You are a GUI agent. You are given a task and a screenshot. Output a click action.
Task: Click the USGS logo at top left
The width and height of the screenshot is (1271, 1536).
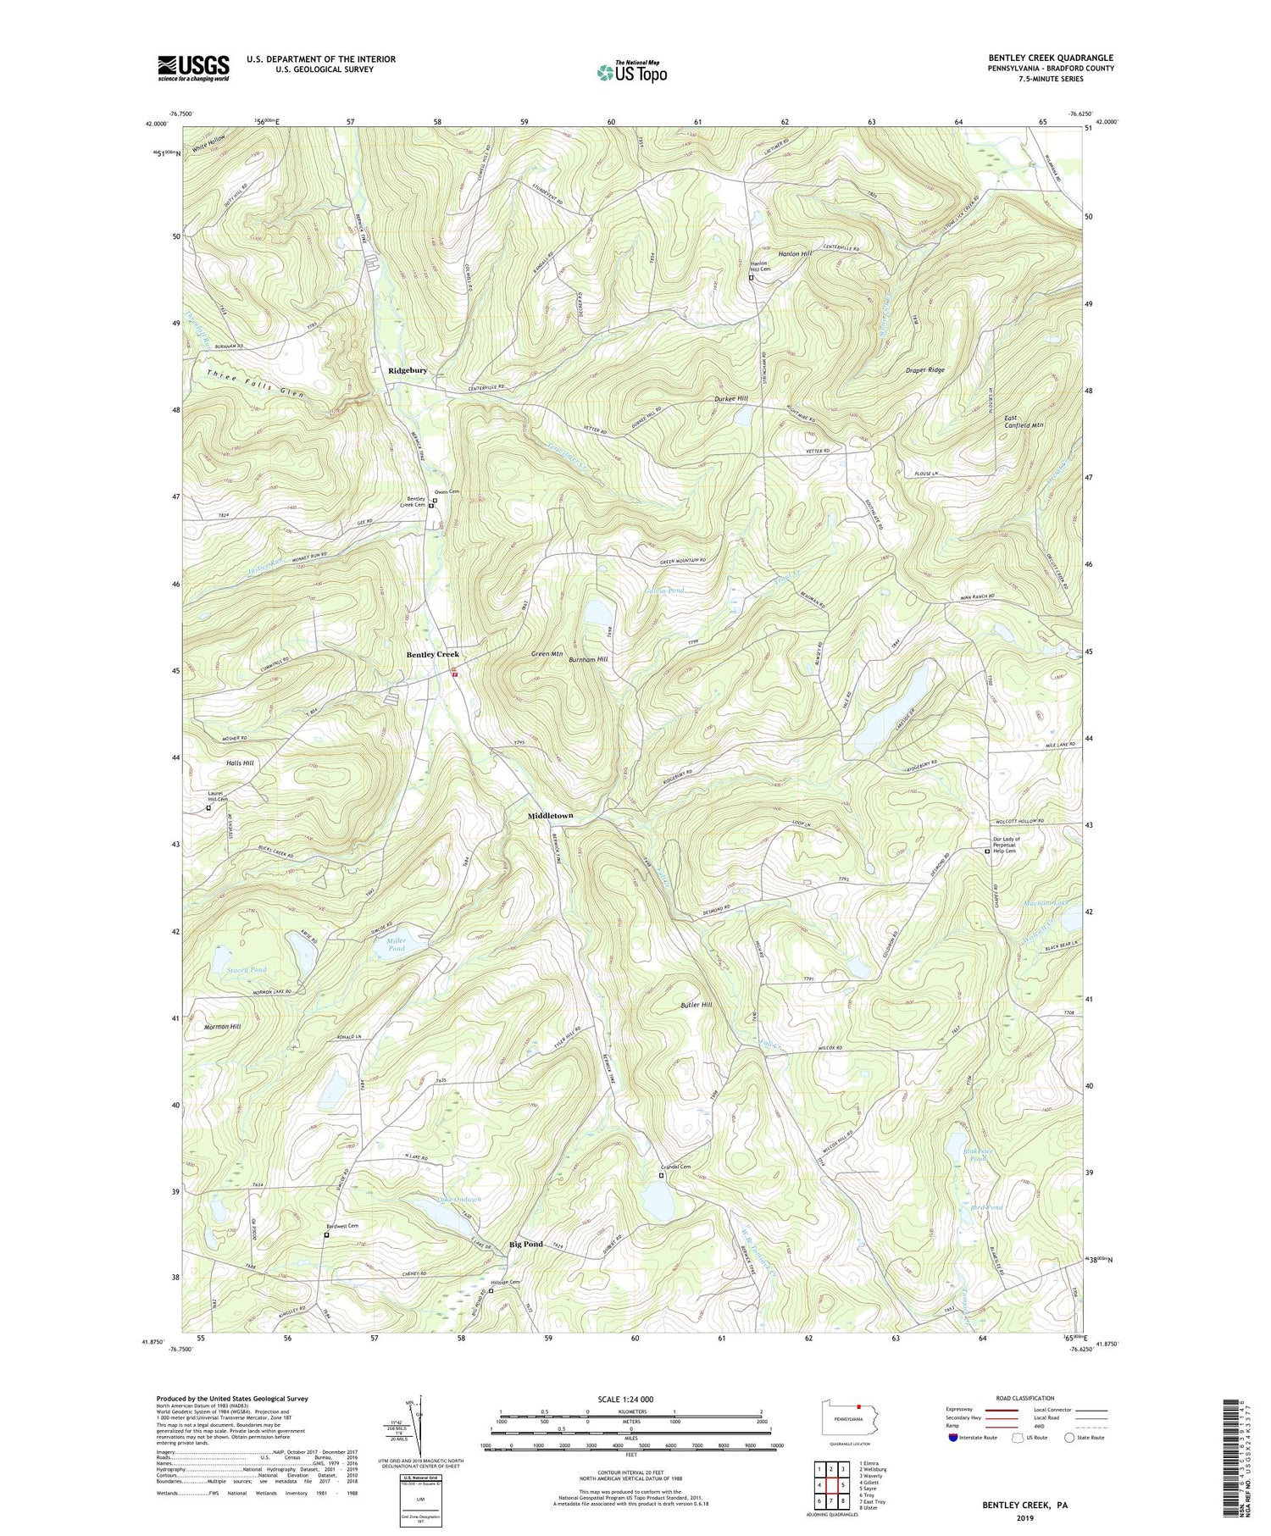[x=193, y=68]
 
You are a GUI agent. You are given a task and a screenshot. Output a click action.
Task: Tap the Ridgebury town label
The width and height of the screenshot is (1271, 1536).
[x=408, y=371]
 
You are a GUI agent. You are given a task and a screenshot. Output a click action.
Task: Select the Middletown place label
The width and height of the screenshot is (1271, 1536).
[x=550, y=816]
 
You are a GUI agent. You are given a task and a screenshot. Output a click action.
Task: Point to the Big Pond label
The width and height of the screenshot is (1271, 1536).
[x=525, y=1244]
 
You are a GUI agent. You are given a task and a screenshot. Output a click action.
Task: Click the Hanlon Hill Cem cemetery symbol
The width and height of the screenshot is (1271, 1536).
[x=751, y=277]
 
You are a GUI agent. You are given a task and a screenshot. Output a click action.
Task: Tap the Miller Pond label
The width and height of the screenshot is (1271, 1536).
[x=396, y=945]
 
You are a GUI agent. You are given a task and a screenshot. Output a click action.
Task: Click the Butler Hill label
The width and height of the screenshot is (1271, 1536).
[x=696, y=1005]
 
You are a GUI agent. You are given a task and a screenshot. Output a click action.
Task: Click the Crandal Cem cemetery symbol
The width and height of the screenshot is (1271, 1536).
[x=662, y=1175]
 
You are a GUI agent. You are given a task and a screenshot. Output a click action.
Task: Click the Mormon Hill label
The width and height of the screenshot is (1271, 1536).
[x=223, y=1027]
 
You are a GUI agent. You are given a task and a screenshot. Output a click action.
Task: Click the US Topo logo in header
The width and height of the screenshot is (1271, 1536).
[x=631, y=72]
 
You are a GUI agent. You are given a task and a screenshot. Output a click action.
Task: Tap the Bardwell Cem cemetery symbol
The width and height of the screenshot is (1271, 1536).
[x=326, y=1235]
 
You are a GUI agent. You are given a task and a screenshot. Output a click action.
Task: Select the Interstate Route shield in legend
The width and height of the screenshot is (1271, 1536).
[x=955, y=1438]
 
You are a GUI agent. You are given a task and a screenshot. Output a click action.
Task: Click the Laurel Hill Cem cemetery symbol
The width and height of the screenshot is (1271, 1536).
[x=208, y=807]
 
